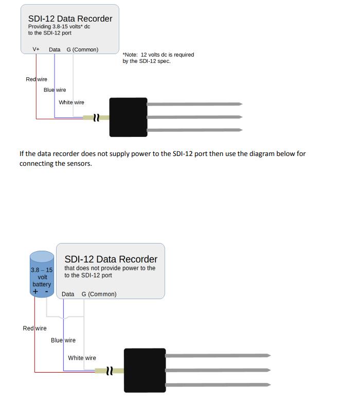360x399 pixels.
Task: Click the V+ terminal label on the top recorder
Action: click(36, 49)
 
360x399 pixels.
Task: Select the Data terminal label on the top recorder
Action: click(55, 49)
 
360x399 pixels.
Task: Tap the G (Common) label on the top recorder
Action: click(82, 49)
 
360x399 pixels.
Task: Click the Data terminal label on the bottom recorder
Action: click(68, 294)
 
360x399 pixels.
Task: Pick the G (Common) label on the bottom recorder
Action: click(99, 294)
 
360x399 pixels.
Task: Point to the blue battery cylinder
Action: click(42, 274)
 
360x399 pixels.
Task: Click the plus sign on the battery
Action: click(35, 291)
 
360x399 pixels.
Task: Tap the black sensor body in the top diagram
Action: click(129, 117)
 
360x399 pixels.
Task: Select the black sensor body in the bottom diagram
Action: click(145, 371)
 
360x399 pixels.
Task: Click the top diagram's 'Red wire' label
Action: click(37, 79)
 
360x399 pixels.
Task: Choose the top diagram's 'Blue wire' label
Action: click(55, 90)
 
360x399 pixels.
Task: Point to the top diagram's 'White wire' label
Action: click(71, 102)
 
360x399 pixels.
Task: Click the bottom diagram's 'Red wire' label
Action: click(34, 328)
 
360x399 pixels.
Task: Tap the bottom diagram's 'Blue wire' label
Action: click(63, 340)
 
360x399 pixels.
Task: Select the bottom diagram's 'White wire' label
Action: click(82, 358)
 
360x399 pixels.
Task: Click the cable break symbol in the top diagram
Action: click(96, 117)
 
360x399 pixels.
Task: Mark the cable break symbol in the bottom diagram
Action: click(110, 371)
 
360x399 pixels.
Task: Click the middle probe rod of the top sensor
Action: click(195, 117)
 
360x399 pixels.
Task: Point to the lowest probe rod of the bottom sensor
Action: click(218, 385)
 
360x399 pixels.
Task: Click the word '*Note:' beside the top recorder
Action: click(130, 55)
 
